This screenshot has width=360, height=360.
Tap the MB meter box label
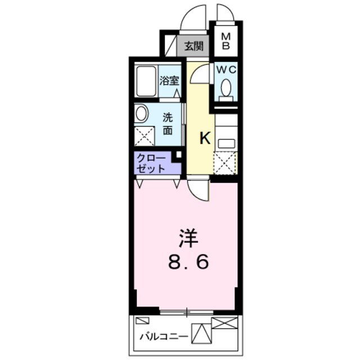pos(226,41)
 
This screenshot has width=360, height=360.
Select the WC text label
pos(225,70)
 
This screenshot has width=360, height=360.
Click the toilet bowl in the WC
pos(226,88)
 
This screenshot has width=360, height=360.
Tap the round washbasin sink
pos(141,114)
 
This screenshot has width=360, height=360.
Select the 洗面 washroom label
pos(168,123)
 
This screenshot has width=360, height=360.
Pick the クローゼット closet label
pos(151,163)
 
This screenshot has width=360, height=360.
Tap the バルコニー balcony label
pos(163,337)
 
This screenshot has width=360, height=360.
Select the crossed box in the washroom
pos(145,136)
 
